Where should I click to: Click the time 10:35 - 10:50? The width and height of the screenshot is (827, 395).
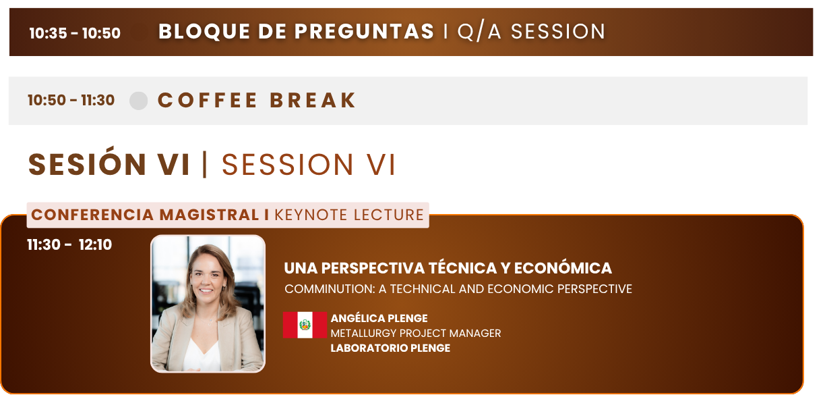tap(75, 33)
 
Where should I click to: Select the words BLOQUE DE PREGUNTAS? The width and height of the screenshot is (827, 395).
tap(296, 31)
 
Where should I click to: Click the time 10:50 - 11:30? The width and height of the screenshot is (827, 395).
tap(71, 100)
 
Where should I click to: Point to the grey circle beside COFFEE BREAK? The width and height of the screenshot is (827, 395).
tap(138, 101)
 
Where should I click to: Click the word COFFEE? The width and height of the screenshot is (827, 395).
tap(207, 100)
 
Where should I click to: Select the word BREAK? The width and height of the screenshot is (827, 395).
tap(313, 100)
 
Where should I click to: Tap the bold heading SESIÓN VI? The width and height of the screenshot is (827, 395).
tap(109, 164)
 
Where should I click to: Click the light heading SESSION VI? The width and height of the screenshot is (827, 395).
tap(309, 165)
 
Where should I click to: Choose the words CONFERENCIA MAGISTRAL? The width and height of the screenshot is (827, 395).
tap(145, 215)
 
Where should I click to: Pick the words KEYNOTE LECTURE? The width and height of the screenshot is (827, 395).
tap(349, 215)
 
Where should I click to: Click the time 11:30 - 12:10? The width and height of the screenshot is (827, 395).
tap(69, 244)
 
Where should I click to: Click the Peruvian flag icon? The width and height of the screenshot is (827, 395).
tap(305, 325)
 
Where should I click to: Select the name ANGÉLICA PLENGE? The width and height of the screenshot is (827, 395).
tap(379, 318)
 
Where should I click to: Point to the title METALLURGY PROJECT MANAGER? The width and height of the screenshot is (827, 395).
tap(416, 334)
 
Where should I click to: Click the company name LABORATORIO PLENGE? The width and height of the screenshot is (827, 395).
tap(390, 348)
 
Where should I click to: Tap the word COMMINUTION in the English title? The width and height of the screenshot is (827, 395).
tap(330, 289)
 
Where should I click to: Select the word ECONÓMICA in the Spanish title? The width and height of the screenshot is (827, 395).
tap(563, 268)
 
